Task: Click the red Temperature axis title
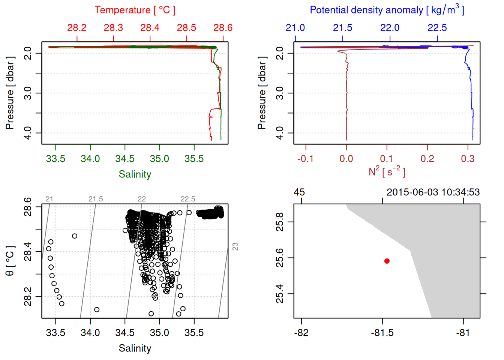(135, 10)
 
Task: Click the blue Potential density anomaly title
(387, 10)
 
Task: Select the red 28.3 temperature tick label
(113, 28)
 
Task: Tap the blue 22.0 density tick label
(390, 28)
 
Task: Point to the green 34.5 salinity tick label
(124, 159)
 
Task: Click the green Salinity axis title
(135, 174)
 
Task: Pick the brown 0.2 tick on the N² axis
(427, 159)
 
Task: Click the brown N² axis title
(387, 172)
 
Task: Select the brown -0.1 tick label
(305, 159)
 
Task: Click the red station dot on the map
(387, 261)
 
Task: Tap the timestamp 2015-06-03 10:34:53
(433, 192)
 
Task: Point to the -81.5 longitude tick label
(382, 333)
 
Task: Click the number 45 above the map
(299, 192)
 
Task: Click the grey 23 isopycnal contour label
(235, 246)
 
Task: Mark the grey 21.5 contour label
(96, 199)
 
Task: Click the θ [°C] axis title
(10, 261)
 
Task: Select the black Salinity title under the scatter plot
(135, 348)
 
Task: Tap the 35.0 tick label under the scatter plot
(159, 333)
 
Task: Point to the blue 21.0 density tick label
(295, 28)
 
